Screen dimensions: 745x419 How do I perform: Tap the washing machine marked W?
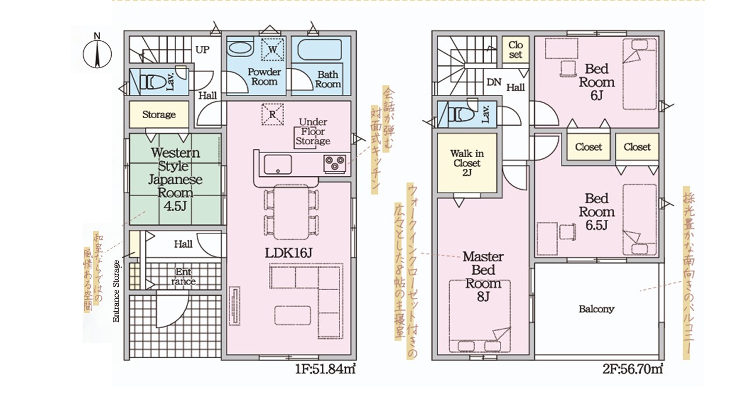point(273,49)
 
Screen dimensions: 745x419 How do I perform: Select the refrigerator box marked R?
point(272,114)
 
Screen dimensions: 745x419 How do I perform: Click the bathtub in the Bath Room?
point(320,50)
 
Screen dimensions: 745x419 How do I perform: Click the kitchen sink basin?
point(278,164)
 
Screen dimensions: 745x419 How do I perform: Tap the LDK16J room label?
point(288,253)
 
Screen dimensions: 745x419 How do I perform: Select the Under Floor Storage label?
point(313,132)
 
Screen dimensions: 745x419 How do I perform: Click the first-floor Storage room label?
point(159,115)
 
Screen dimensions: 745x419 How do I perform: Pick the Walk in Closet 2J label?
point(467,163)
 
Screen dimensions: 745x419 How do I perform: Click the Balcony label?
point(597,309)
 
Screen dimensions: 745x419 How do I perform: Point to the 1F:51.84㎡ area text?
point(325,369)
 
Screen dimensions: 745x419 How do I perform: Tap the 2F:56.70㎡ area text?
point(633,369)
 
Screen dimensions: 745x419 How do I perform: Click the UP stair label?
point(202,50)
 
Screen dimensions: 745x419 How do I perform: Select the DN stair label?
point(494,82)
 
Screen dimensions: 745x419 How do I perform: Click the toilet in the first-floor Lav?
point(152,82)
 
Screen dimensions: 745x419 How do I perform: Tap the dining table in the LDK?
point(292,211)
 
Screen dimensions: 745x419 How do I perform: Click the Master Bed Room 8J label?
point(483,276)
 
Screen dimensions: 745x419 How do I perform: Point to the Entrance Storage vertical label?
point(116,291)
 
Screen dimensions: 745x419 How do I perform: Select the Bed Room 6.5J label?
point(597,212)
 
